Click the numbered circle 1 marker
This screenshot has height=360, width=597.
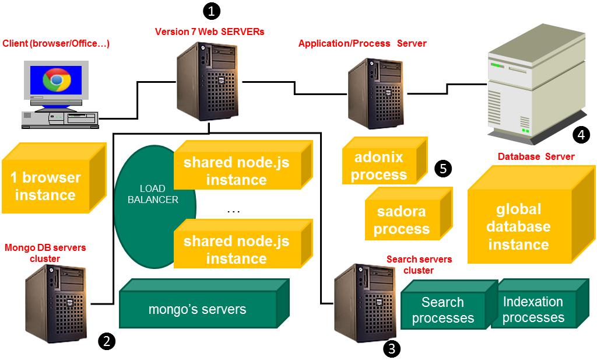point(212,10)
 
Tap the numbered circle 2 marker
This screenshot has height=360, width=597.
point(106,341)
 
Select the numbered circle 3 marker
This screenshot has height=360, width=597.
point(392,348)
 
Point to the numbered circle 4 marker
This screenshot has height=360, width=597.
point(581,135)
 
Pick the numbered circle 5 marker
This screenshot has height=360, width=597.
point(443,169)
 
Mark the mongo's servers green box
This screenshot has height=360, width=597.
point(198,308)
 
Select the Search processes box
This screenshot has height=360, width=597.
point(443,310)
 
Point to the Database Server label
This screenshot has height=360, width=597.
point(536,157)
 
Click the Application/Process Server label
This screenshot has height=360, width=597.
point(362,44)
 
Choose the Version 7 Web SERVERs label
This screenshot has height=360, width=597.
point(209,32)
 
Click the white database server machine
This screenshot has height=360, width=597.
point(533,85)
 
